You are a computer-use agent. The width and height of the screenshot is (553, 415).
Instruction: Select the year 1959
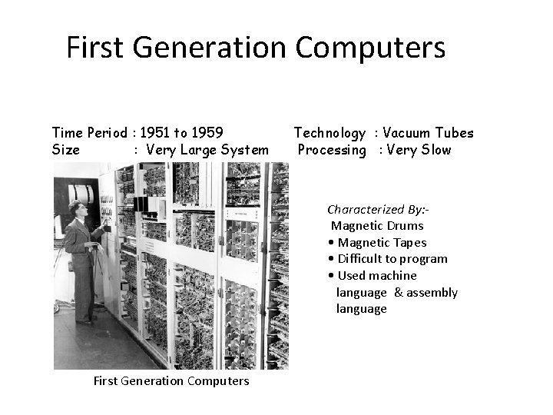click(x=209, y=133)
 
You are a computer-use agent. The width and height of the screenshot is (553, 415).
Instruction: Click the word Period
click(x=104, y=133)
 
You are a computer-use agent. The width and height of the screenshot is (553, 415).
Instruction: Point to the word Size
click(x=65, y=150)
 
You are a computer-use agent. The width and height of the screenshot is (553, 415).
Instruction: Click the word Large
click(x=199, y=150)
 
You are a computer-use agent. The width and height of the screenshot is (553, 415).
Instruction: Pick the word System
click(x=245, y=150)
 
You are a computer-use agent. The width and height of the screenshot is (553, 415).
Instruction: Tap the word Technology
click(x=330, y=134)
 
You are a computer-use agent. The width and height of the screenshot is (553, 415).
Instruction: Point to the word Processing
click(x=332, y=151)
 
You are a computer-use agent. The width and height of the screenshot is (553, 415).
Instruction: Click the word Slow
click(x=435, y=150)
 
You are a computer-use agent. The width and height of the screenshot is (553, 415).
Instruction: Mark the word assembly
click(x=432, y=292)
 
